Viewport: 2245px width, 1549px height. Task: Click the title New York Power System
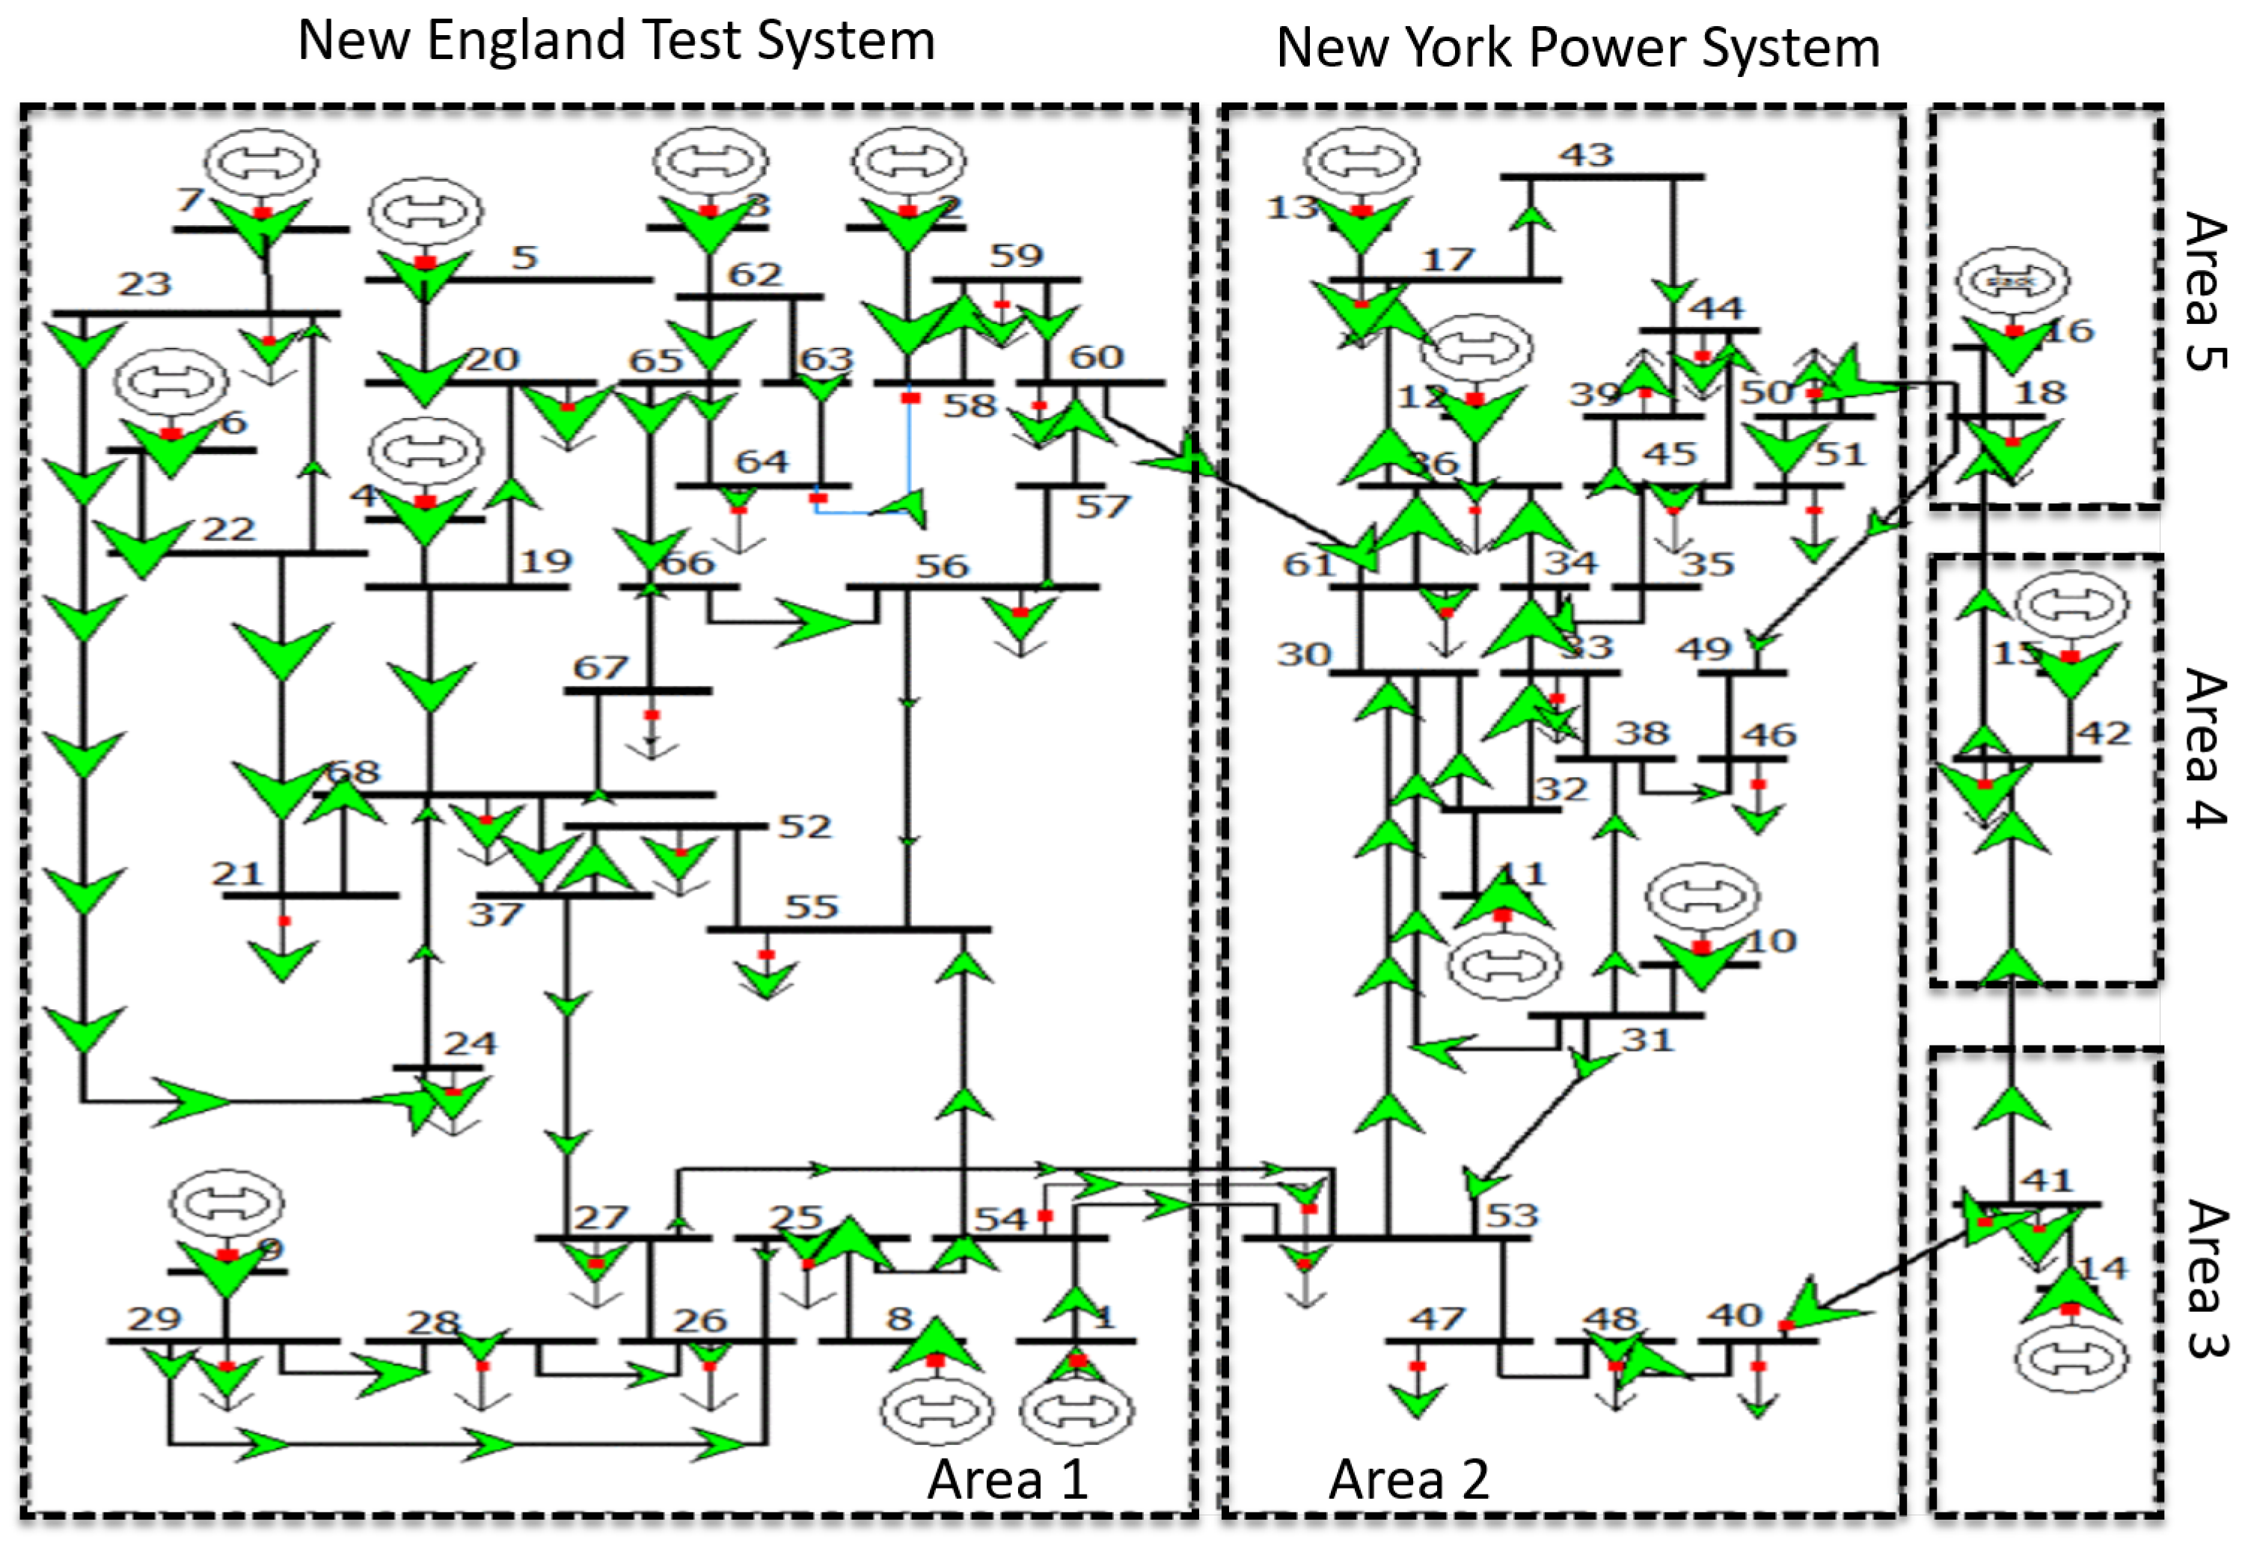(1577, 49)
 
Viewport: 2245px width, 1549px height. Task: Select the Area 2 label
(1409, 1480)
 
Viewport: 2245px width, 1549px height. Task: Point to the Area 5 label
(2206, 291)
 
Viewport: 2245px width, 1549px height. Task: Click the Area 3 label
(2206, 1278)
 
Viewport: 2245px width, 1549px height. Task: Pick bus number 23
(144, 284)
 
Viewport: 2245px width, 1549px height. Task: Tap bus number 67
(600, 668)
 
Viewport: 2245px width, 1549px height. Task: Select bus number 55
(810, 907)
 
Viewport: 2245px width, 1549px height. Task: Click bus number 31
(1647, 1040)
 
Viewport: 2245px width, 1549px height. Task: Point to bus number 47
(1436, 1318)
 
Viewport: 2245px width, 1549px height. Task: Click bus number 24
(471, 1043)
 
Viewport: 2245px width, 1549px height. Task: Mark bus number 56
(942, 566)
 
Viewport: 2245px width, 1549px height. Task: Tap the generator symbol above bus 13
(1361, 161)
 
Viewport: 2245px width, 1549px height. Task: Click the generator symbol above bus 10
(1703, 897)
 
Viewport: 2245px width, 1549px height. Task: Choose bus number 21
(238, 874)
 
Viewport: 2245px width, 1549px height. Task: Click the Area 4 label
(2206, 747)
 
